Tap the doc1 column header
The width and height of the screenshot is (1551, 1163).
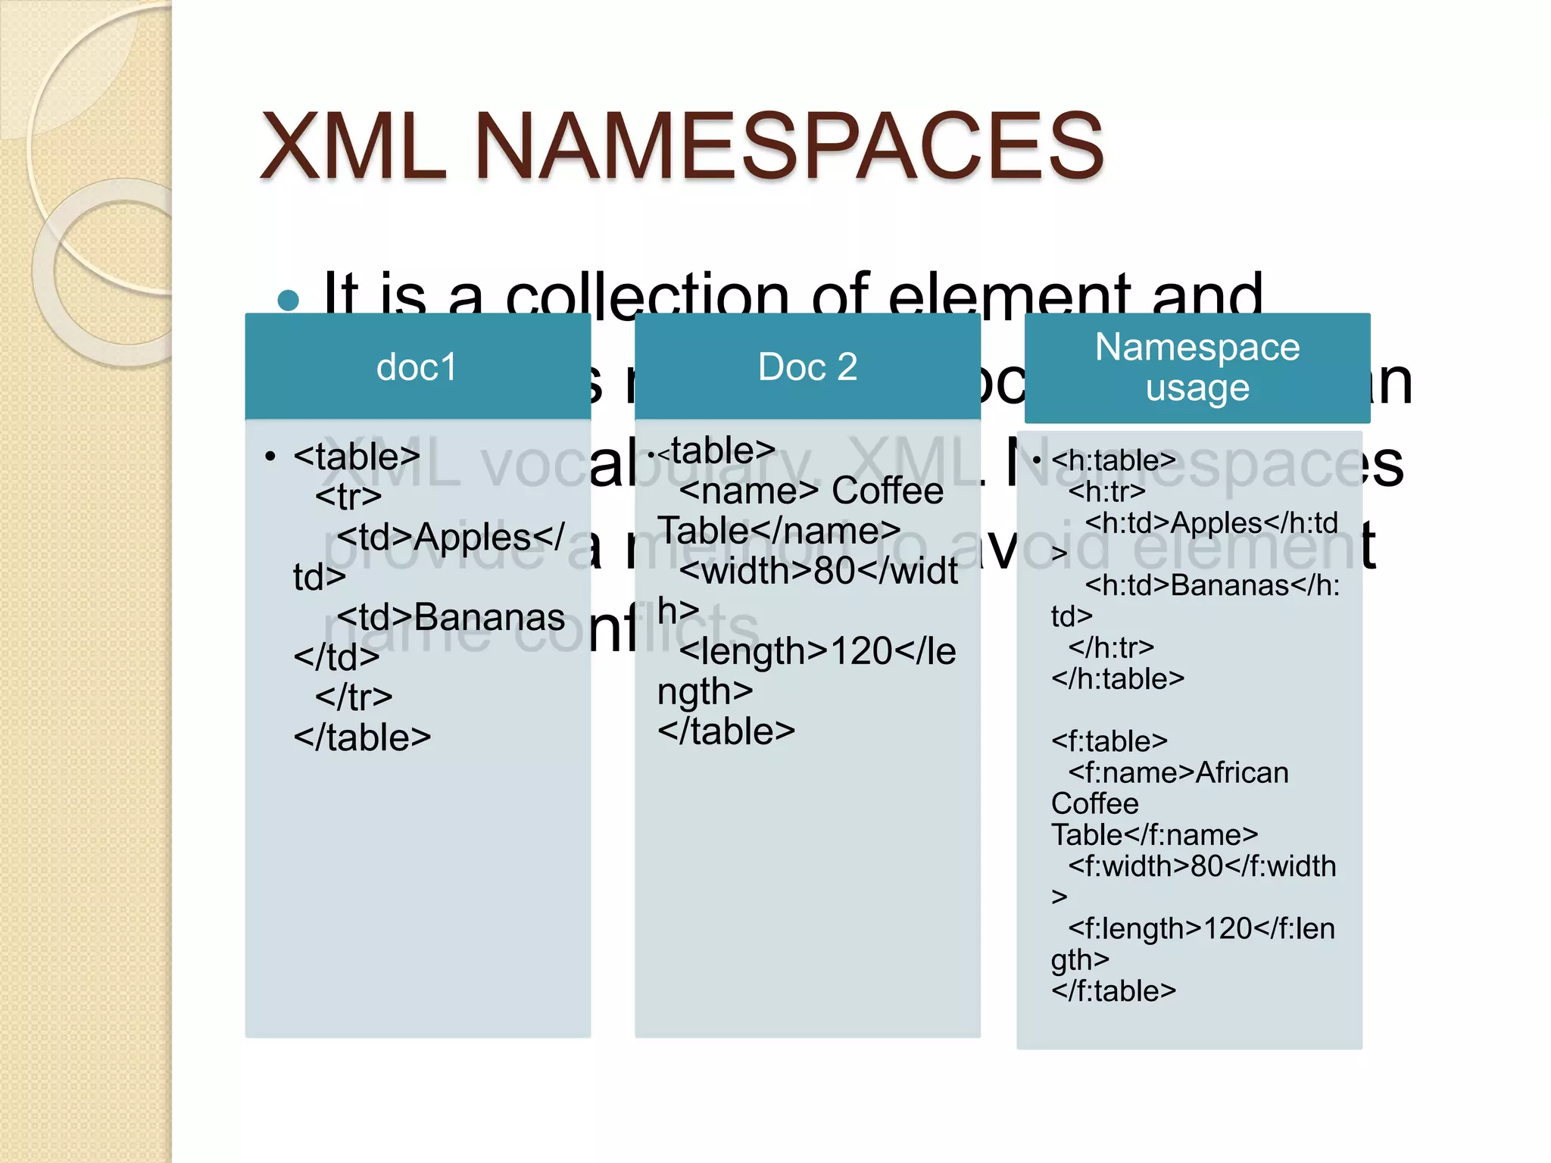417,367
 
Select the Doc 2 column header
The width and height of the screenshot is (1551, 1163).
807,367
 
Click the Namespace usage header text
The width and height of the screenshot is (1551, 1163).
1197,367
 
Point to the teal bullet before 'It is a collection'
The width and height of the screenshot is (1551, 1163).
289,301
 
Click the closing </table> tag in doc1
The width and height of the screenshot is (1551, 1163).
362,737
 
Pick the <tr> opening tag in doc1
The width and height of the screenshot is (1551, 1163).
348,497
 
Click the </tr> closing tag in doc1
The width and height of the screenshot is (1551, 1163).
354,697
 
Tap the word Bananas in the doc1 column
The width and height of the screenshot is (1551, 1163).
489,617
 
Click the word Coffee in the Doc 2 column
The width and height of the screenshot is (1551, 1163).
888,491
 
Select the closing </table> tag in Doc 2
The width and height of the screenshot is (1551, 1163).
726,731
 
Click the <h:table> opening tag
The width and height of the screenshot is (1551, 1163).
1113,460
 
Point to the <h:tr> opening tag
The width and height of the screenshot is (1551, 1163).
1106,491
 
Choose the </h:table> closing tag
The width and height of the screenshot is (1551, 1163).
1117,678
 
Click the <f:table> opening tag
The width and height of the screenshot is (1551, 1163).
1109,741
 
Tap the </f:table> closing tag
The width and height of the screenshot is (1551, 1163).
1113,990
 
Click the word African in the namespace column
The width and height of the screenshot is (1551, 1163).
1242,772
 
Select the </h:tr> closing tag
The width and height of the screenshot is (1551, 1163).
1111,647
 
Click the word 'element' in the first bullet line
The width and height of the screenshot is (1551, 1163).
1008,296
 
